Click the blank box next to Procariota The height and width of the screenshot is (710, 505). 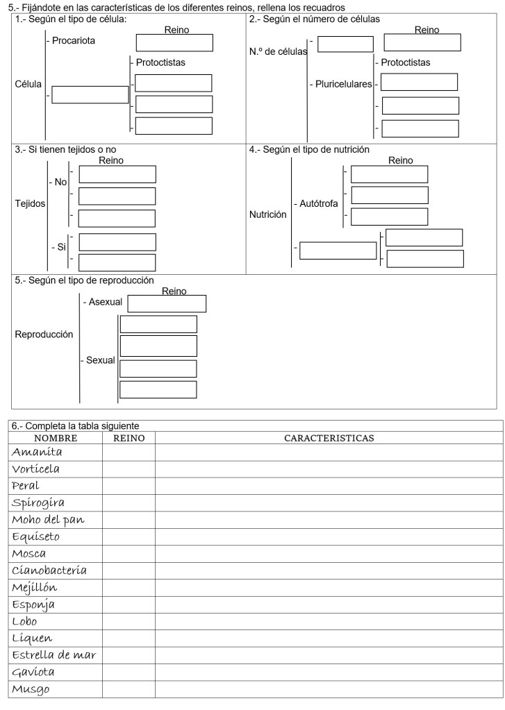pyautogui.click(x=174, y=43)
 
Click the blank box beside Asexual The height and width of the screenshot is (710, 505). pyautogui.click(x=167, y=303)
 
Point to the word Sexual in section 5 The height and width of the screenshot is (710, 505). pyautogui.click(x=101, y=361)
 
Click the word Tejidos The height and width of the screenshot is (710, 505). pyautogui.click(x=30, y=204)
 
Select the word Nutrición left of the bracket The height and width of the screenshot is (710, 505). pyautogui.click(x=268, y=214)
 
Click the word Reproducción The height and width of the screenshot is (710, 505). pyautogui.click(x=44, y=334)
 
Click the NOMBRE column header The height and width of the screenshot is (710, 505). pyautogui.click(x=57, y=439)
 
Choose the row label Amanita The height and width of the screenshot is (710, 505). pyautogui.click(x=37, y=452)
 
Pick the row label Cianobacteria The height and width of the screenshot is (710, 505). pyautogui.click(x=49, y=570)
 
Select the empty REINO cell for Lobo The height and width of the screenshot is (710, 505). pyautogui.click(x=129, y=622)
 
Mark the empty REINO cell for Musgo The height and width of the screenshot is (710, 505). pyautogui.click(x=129, y=689)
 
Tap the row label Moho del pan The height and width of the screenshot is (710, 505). pyautogui.click(x=47, y=520)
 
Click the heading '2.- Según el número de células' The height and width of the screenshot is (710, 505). pyautogui.click(x=314, y=19)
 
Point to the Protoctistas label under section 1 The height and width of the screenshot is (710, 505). pyautogui.click(x=160, y=62)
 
